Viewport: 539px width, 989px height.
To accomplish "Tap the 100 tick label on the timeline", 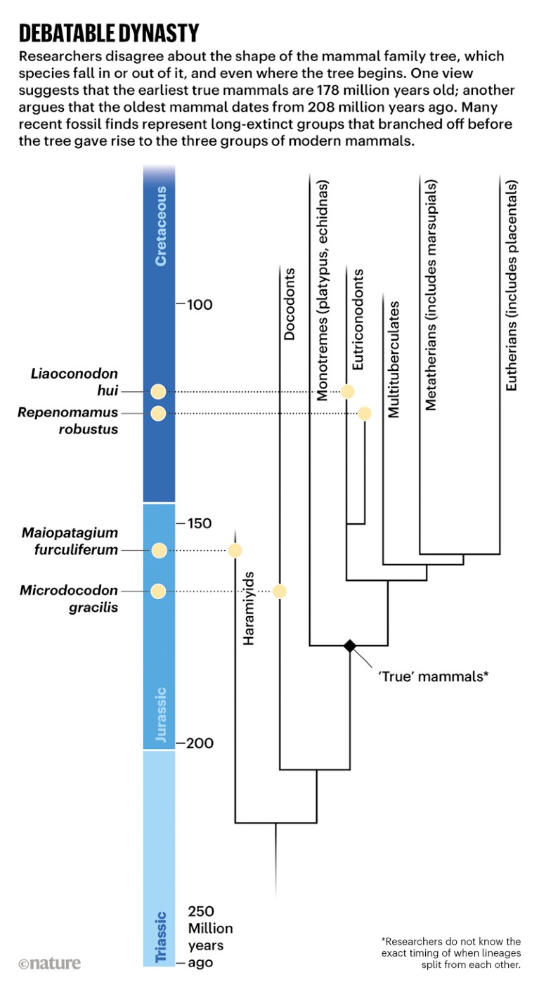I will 200,305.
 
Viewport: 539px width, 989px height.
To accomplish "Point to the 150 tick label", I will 200,523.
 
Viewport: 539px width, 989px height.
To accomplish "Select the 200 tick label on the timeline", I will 201,744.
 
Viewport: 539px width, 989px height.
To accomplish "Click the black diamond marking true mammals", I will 349,646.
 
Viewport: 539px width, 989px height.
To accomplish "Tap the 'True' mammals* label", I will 433,677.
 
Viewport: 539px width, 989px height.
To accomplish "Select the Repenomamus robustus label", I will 69,420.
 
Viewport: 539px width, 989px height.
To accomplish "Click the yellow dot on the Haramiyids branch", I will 235,550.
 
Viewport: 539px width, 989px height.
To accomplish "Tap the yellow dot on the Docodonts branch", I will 280,591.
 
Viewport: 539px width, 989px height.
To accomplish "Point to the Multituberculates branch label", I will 394,360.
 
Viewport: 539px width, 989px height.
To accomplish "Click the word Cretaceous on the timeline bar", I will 161,225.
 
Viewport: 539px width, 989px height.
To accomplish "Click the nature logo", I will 49,963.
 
